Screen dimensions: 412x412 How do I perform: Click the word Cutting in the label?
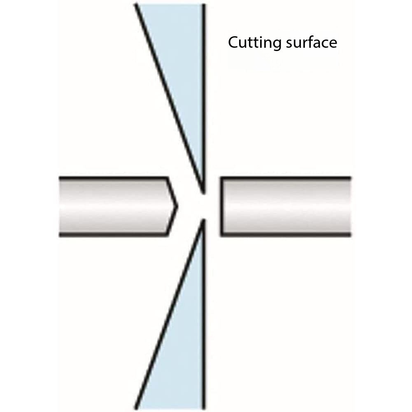(x=254, y=43)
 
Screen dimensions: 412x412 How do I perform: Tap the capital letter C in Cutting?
(x=233, y=42)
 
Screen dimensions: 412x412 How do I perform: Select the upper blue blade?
(x=184, y=79)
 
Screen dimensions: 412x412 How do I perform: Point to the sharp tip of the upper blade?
(x=204, y=193)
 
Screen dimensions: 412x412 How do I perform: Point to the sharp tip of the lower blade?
(x=204, y=220)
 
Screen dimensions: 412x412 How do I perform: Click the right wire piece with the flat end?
(x=285, y=207)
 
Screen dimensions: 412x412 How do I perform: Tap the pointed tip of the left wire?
(x=177, y=207)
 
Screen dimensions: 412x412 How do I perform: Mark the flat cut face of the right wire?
(x=221, y=207)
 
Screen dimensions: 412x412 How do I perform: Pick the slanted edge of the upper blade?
(x=170, y=98)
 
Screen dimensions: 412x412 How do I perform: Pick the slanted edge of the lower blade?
(x=170, y=314)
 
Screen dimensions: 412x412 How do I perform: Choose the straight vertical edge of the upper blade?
(x=204, y=99)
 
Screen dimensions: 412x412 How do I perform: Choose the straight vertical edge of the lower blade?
(x=204, y=314)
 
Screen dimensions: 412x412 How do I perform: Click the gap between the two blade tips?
(x=204, y=207)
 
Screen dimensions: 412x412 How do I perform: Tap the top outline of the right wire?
(x=285, y=178)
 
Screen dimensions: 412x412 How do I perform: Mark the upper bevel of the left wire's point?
(x=172, y=192)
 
